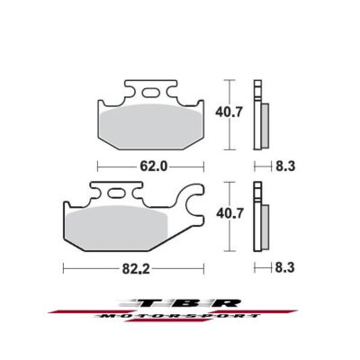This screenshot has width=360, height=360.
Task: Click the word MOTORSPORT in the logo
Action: (x=180, y=318)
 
